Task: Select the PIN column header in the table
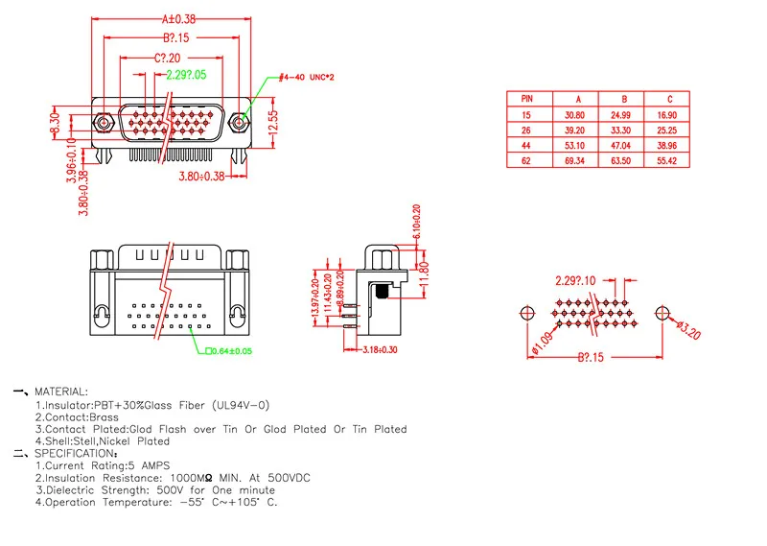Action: pos(527,98)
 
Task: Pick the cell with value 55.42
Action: pos(669,160)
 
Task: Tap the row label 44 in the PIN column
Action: pos(526,145)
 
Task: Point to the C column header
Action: pos(669,98)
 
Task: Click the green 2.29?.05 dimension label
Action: pos(186,75)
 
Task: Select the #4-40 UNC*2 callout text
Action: pos(306,77)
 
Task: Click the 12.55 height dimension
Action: pos(272,121)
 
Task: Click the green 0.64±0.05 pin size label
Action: pos(229,351)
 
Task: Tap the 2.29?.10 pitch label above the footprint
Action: pos(575,280)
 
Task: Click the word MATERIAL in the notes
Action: pos(61,392)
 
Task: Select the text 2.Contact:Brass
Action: pos(76,417)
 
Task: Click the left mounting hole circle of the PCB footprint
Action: pos(526,315)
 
